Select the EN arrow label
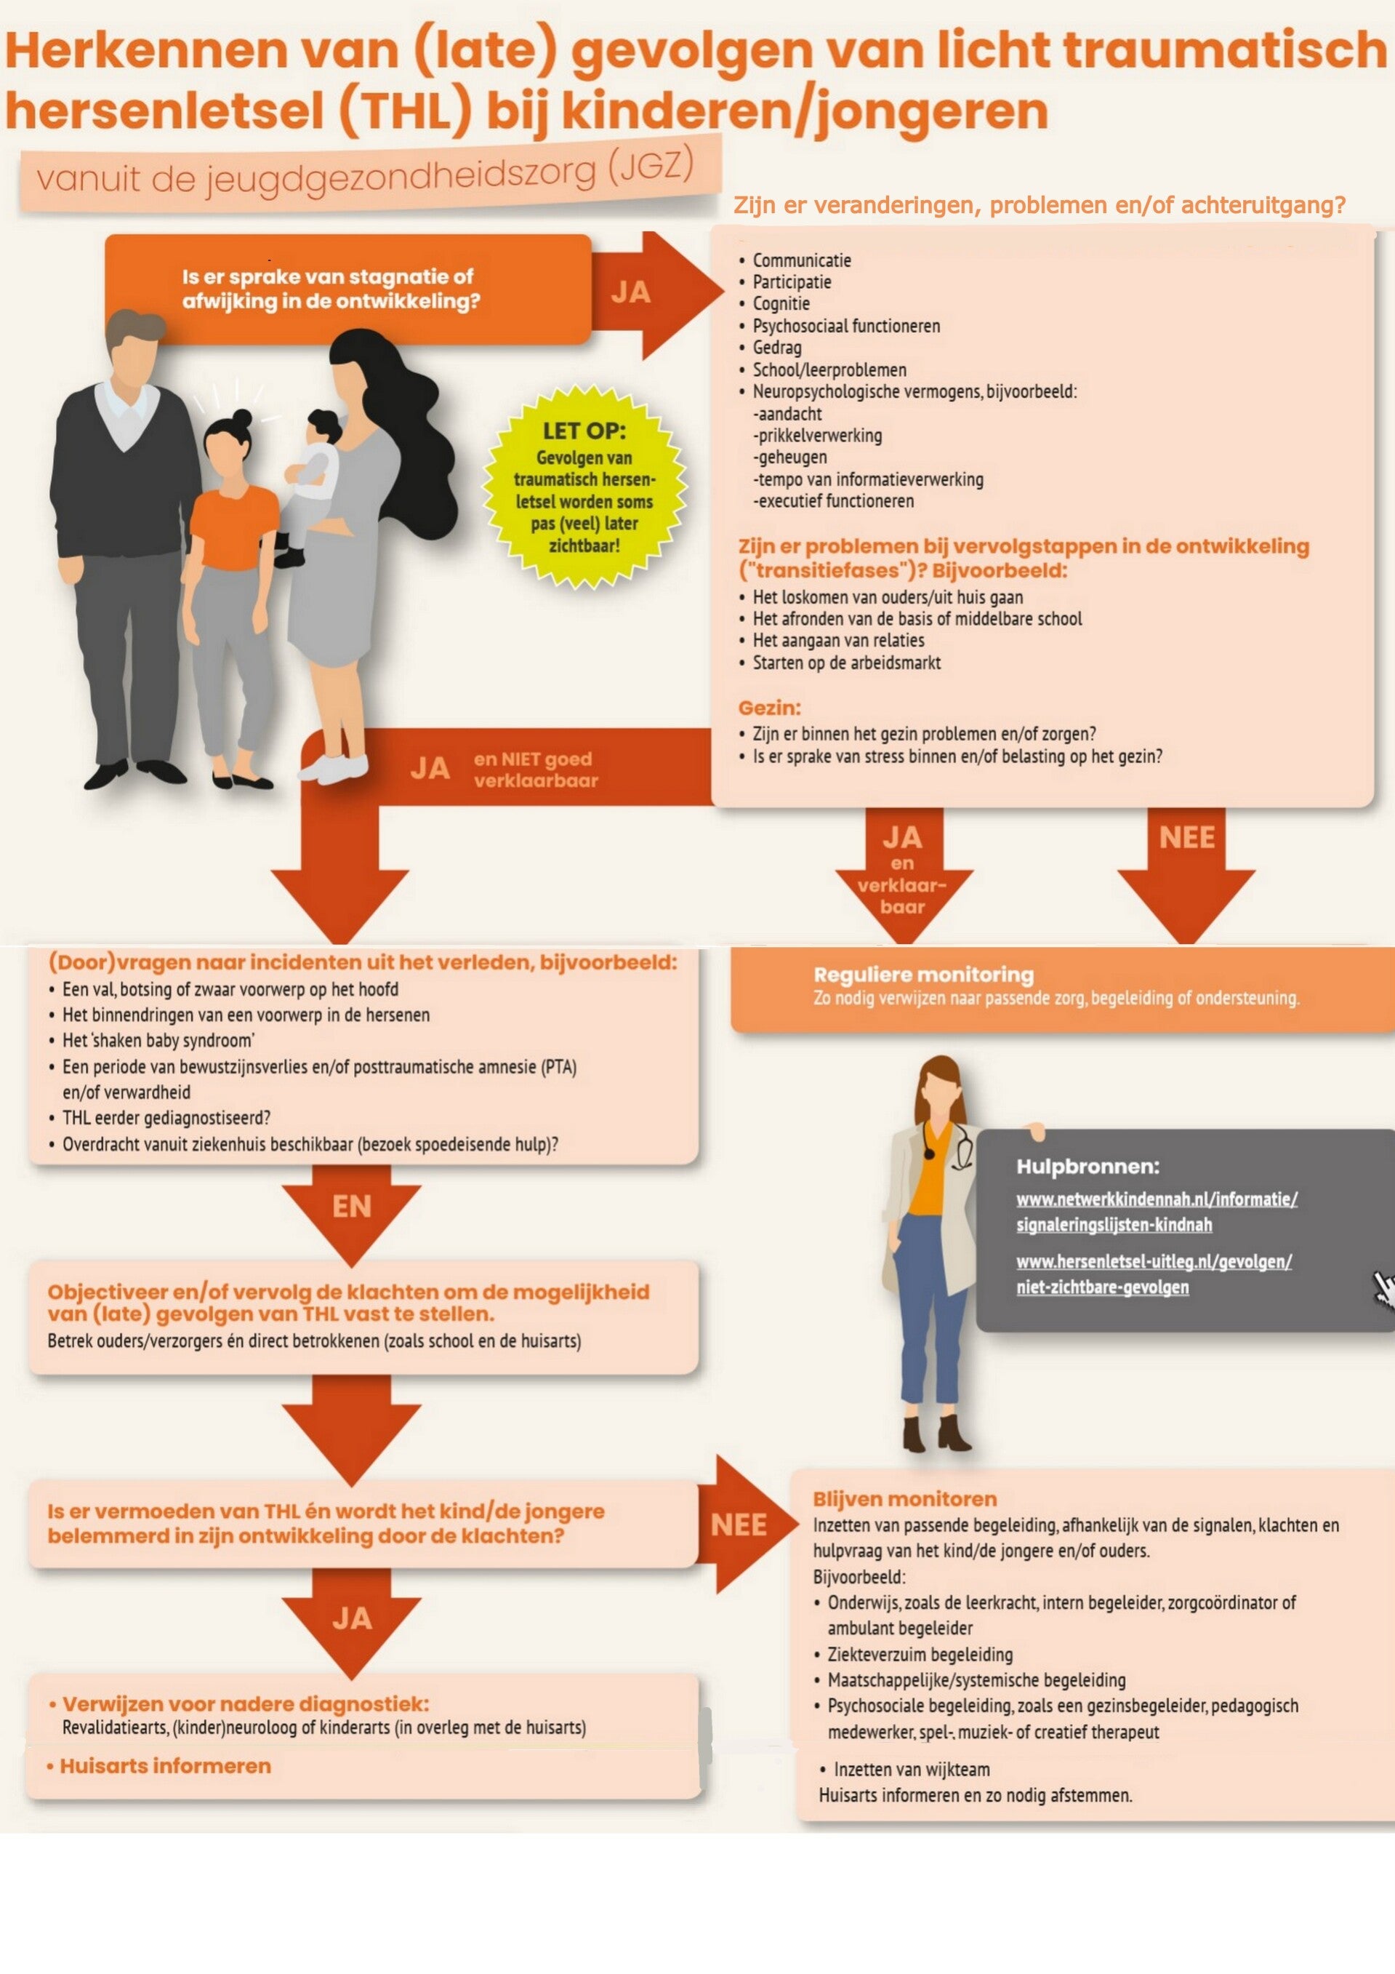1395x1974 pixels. coord(352,1206)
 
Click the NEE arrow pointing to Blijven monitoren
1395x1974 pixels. coord(741,1525)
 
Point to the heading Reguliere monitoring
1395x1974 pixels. coord(923,974)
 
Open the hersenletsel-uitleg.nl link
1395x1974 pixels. coord(1154,1274)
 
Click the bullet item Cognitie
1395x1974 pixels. coord(781,303)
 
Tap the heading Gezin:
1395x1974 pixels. coord(769,708)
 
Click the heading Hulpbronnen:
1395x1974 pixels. coord(1088,1166)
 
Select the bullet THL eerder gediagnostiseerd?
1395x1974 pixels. coord(166,1118)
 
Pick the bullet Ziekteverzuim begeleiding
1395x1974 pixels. coord(920,1654)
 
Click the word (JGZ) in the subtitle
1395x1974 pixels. coord(650,165)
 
